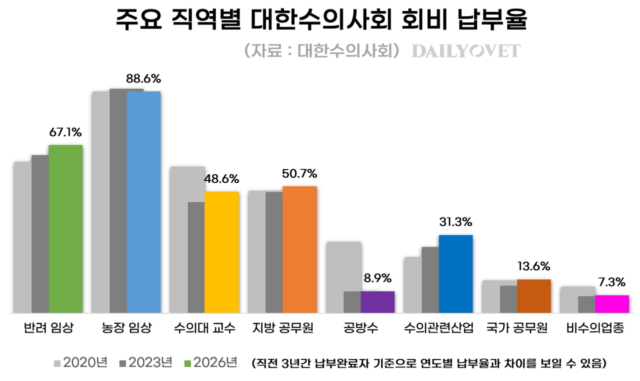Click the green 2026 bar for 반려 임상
pos(65,228)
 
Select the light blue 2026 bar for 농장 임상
pos(144,202)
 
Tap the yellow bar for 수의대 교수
pos(221,252)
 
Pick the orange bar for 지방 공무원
pos(299,249)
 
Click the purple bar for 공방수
pos(377,302)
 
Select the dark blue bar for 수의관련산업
pos(455,274)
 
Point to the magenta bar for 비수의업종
pos(611,304)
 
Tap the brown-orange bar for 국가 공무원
pos(533,296)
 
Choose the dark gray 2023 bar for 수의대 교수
pos(196,257)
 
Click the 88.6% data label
pos(143,79)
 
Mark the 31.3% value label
pos(455,222)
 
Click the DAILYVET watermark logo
pos(466,51)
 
